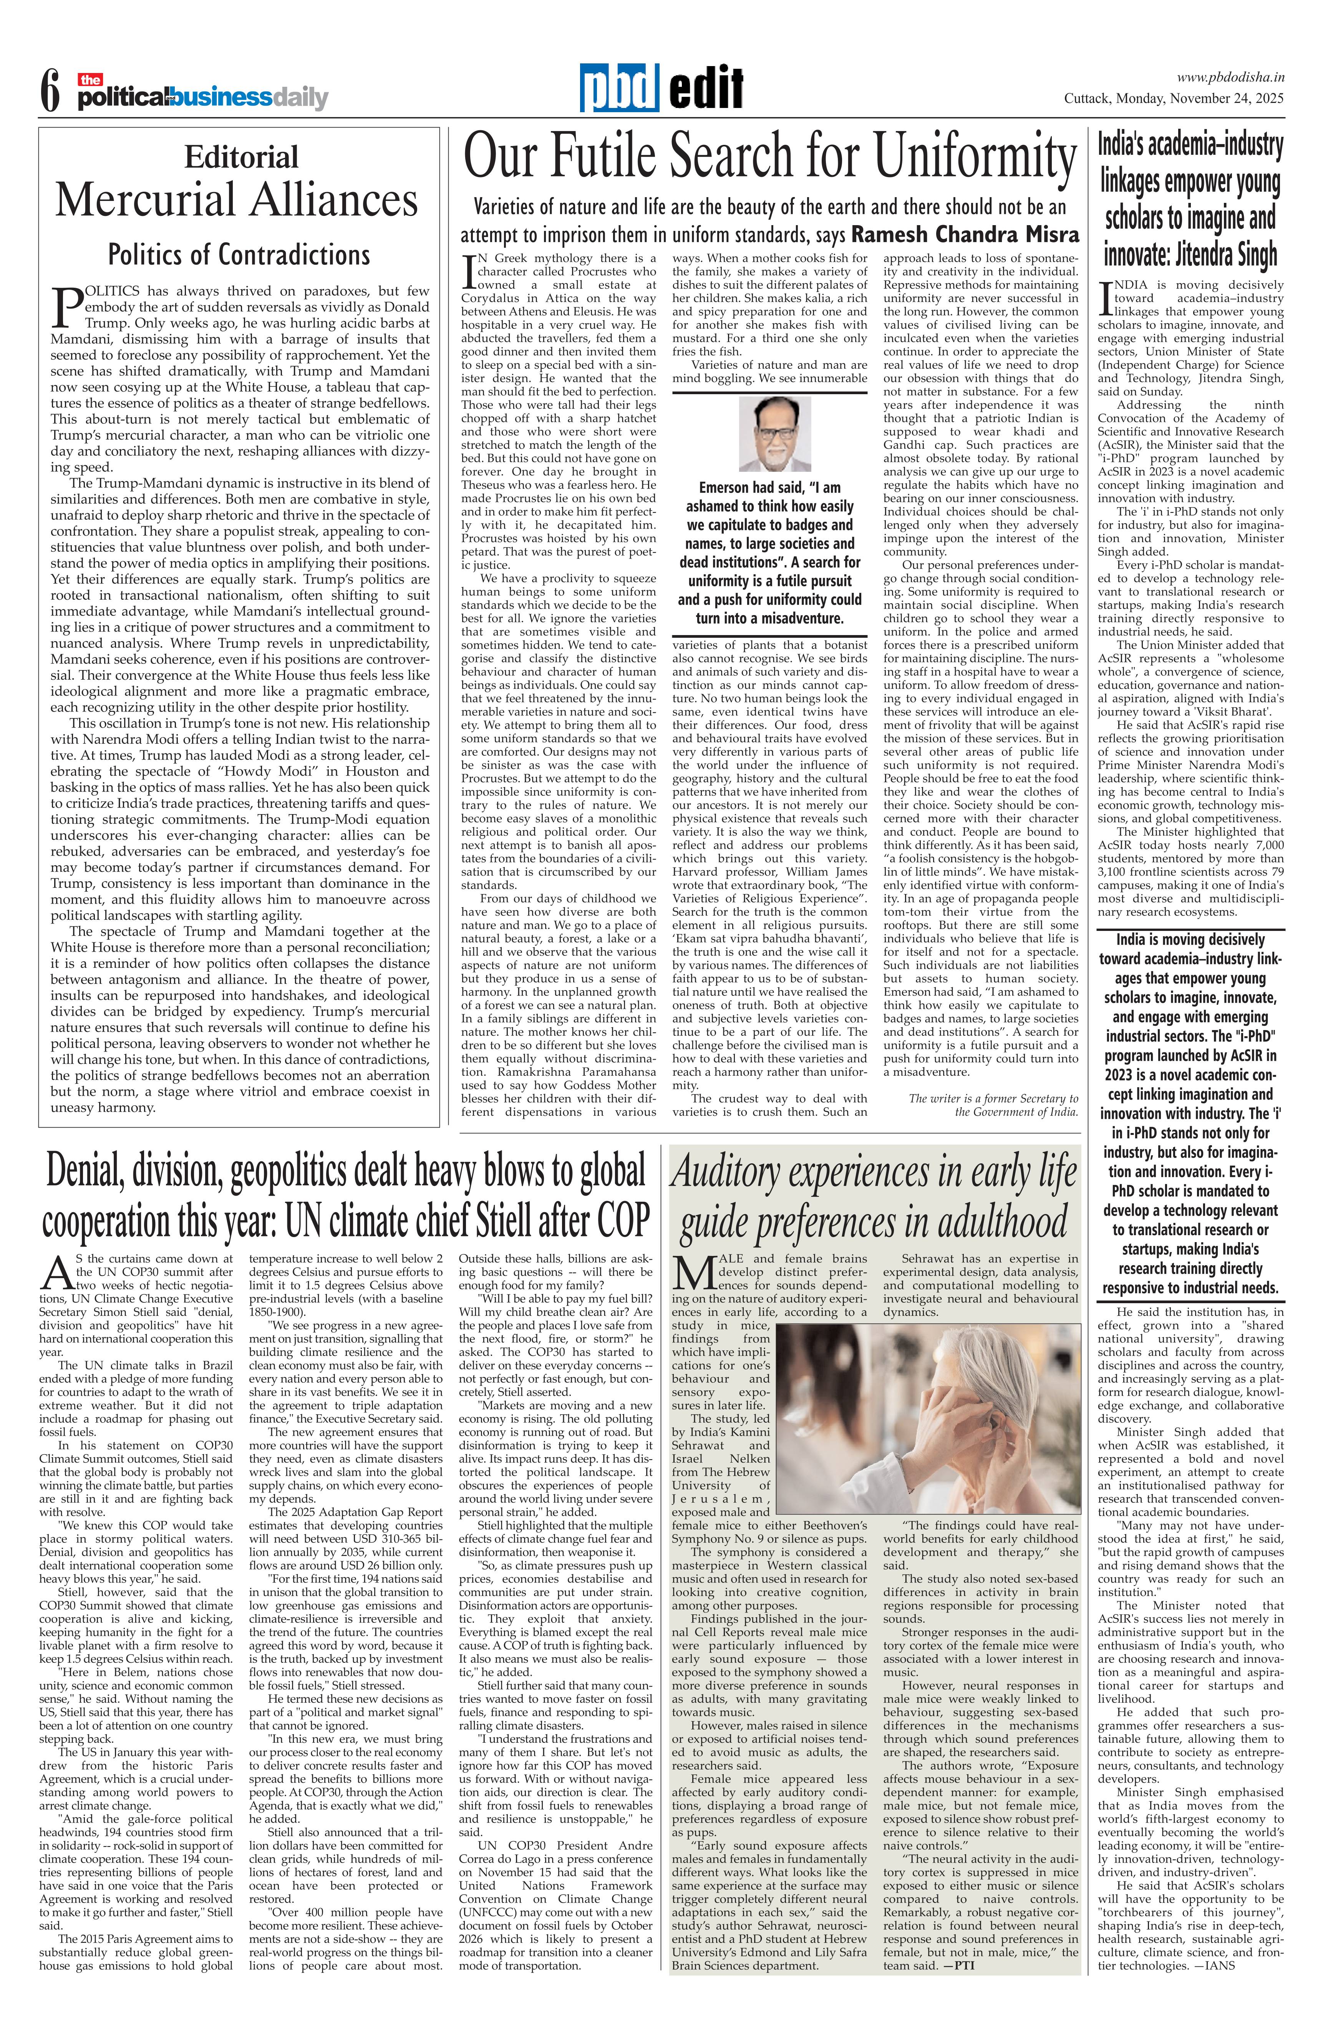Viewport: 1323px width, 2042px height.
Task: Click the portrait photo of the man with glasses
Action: tap(774, 434)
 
